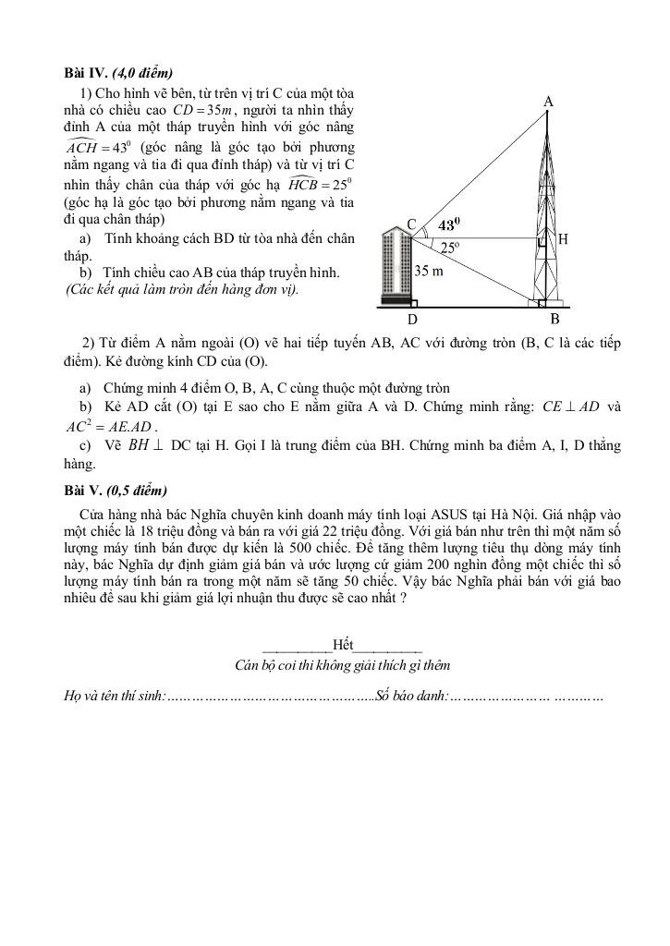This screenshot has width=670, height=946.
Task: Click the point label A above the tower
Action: pos(548,101)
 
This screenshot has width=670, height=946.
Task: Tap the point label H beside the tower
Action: pos(563,239)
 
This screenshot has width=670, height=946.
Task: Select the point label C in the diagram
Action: pos(411,224)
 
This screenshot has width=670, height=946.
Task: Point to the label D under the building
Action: pos(413,320)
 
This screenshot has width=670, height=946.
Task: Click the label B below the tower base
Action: pos(554,319)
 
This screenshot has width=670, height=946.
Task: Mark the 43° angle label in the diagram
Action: pos(448,225)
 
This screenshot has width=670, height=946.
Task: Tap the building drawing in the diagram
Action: pos(396,268)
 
